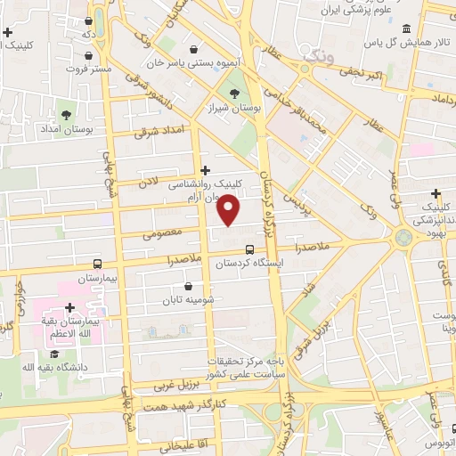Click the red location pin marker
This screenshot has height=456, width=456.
click(229, 211)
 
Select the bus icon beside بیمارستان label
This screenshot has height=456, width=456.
click(98, 264)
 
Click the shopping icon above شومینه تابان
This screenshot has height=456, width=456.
click(189, 286)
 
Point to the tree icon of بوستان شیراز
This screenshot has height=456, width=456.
click(234, 93)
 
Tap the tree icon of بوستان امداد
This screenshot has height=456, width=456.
click(64, 115)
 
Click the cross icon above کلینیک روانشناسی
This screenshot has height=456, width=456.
click(206, 169)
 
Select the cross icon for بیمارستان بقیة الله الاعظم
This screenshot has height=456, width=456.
click(69, 307)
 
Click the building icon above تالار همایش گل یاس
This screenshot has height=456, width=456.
click(406, 28)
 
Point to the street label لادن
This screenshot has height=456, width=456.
click(147, 183)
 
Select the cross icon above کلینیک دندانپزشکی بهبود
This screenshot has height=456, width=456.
click(436, 194)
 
